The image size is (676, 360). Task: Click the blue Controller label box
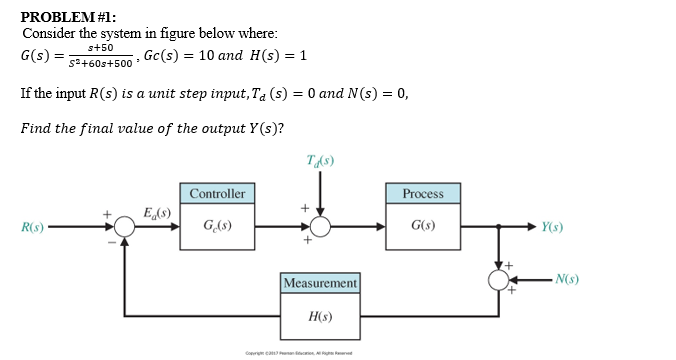pos(217,193)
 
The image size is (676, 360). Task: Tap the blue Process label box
pos(423,193)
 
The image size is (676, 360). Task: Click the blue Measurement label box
pos(320,284)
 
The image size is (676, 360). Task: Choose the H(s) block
pos(320,316)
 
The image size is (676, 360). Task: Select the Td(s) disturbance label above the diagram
pos(320,160)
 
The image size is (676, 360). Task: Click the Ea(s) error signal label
pos(158,212)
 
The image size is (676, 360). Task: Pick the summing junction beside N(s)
pos(498,279)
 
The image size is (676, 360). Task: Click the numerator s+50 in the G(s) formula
pos(101,47)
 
